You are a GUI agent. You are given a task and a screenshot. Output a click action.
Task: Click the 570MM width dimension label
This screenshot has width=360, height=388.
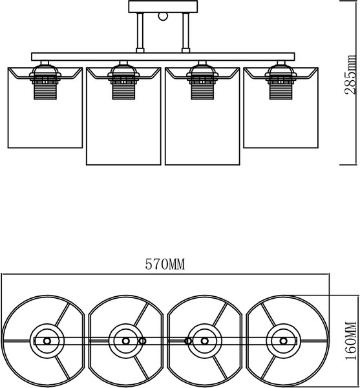(165, 264)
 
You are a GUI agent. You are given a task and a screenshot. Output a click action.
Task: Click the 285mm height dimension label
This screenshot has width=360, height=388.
(351, 75)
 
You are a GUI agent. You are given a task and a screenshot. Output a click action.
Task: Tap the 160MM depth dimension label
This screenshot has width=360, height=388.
(352, 341)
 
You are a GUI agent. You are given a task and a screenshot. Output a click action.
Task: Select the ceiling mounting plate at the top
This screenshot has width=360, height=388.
(163, 6)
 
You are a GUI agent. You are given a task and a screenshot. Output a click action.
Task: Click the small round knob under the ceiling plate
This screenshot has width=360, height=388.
(163, 16)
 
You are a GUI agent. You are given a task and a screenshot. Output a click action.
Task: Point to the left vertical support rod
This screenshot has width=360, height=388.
(140, 32)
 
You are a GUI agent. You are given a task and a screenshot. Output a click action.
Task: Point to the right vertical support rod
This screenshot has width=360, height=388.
(185, 32)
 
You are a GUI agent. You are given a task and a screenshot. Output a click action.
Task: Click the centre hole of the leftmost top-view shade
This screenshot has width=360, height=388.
(47, 341)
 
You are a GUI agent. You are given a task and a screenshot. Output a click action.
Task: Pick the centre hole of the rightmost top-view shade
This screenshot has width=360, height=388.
(283, 341)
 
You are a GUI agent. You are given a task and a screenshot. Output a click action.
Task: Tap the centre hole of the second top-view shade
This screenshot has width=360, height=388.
(126, 341)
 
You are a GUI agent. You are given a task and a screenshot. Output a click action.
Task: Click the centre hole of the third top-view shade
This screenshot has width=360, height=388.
(204, 341)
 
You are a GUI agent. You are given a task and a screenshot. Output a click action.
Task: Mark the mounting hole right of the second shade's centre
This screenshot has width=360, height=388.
(142, 341)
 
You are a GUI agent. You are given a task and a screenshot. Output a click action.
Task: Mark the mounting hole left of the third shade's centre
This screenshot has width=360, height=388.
(188, 341)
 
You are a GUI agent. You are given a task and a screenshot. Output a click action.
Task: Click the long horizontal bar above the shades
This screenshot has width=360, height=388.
(163, 57)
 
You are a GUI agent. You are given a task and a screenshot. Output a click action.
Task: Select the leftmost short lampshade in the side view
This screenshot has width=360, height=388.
(45, 108)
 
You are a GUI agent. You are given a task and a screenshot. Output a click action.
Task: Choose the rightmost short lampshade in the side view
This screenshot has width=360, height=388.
(281, 108)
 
